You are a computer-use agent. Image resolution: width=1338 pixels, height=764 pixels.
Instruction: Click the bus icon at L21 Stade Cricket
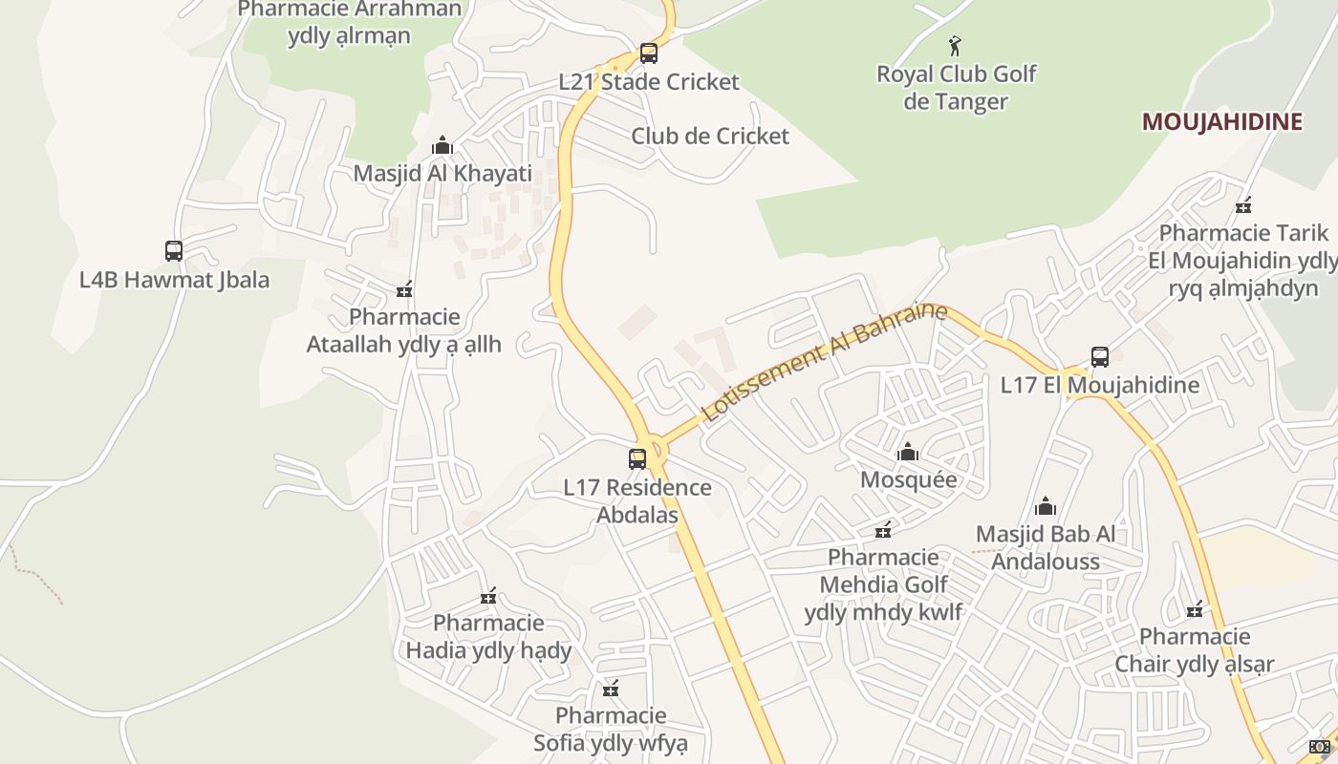649,53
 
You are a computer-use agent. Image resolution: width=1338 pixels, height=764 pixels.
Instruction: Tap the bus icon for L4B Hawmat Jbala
174,251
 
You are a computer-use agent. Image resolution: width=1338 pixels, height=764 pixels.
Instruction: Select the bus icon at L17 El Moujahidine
1100,357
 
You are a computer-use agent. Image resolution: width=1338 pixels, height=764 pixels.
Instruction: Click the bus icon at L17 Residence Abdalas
637,459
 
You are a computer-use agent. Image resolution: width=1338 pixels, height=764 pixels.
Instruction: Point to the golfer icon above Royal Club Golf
955,45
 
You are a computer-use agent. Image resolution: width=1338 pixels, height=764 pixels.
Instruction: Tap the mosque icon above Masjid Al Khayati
442,146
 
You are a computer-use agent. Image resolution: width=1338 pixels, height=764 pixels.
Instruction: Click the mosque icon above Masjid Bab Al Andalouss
1046,506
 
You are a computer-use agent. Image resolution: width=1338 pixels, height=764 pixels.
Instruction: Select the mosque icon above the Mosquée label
908,452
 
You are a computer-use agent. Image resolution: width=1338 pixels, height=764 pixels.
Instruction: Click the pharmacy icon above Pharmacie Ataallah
404,289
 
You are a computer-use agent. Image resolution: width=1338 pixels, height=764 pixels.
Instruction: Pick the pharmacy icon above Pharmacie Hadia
488,597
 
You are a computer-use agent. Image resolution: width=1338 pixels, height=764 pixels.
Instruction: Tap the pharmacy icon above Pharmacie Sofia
611,689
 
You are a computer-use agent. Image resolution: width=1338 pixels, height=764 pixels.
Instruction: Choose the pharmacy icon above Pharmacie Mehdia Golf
884,530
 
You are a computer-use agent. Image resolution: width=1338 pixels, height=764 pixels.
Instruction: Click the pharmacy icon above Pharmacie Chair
1195,609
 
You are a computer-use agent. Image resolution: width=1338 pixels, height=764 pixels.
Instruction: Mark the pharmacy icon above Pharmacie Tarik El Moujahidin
1243,205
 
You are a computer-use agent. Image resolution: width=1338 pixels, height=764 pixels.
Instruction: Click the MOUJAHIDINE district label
1222,122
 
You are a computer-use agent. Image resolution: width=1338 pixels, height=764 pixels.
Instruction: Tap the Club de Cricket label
710,136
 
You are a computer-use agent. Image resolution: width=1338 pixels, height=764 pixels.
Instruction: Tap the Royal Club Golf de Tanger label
956,88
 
